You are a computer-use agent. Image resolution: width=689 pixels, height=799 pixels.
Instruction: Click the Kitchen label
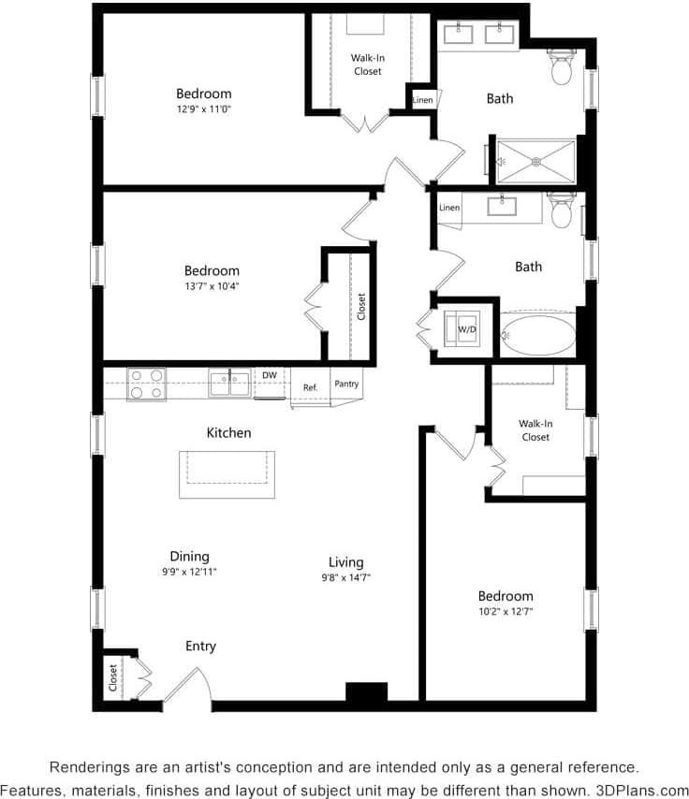pos(228,433)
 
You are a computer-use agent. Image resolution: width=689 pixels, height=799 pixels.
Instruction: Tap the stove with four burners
pos(146,384)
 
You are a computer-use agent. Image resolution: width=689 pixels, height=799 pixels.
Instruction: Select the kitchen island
pos(227,474)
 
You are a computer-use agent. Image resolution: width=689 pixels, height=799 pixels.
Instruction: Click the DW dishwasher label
pos(269,375)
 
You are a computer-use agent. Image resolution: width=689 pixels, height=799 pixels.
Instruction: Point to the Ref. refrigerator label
pos(310,386)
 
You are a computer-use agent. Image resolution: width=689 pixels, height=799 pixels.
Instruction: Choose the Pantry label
pos(346,384)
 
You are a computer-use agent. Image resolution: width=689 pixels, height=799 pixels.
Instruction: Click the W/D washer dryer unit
pos(466,329)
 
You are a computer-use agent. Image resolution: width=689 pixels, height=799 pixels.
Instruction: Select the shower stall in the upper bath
pos(535,161)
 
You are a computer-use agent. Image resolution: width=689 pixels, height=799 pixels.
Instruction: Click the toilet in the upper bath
pos(562,68)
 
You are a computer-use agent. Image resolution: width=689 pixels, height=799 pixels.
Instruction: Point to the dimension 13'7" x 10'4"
pos(212,286)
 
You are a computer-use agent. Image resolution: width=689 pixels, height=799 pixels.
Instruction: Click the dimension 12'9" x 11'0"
pos(203,109)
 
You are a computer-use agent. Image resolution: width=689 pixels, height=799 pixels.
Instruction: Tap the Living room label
pos(345,561)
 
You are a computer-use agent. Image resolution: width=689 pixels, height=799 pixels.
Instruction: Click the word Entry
pos(200,646)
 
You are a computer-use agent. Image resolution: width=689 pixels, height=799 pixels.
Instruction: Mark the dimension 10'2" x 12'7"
pos(506,612)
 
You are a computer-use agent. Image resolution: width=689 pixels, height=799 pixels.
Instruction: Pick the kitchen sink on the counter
pos(229,383)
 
